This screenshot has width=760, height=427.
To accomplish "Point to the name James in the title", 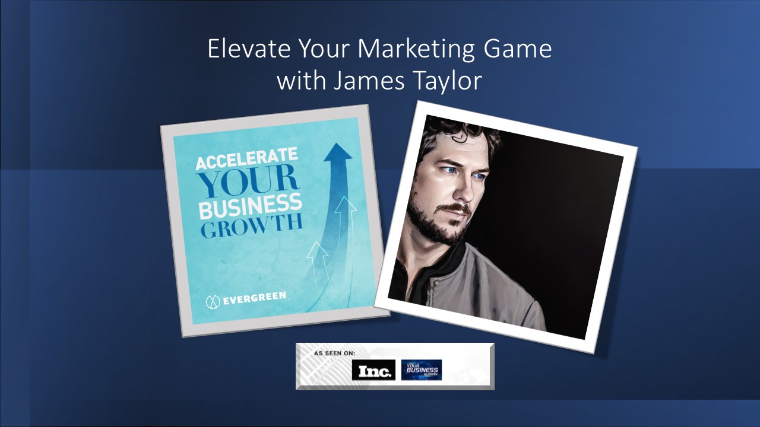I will [360, 81].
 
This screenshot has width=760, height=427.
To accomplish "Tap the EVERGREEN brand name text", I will [254, 299].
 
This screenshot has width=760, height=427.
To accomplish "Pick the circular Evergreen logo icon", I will [213, 301].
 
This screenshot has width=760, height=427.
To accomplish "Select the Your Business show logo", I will [421, 369].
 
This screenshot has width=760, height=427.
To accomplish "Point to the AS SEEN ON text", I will [334, 353].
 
